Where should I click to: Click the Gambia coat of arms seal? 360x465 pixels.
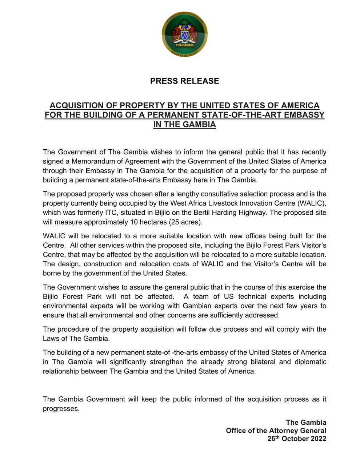[x=185, y=35]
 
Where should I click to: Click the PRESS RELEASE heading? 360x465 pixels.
[x=185, y=81]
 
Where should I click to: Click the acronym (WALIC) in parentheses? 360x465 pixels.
[x=313, y=203]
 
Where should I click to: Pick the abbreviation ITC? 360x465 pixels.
[x=112, y=213]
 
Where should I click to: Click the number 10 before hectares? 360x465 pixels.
[x=133, y=222]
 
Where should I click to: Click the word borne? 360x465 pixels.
[x=52, y=273]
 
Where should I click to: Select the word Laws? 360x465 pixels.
[x=51, y=339]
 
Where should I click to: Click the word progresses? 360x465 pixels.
[x=61, y=409]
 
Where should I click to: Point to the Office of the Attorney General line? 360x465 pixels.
[x=276, y=430]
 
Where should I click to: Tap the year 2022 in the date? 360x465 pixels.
[x=317, y=438]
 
